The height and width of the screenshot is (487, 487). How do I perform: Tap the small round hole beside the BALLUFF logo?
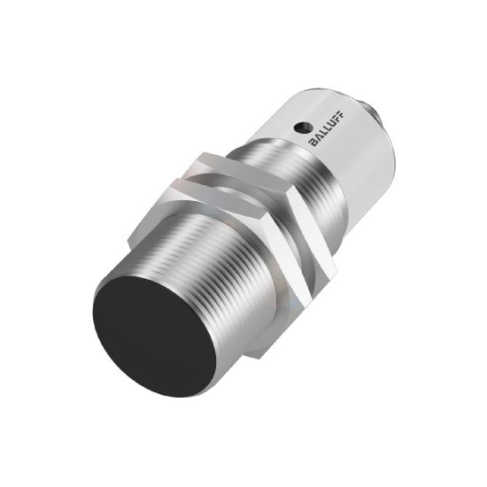click(301, 125)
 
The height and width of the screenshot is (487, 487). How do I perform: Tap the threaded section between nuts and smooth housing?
click(305, 186)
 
